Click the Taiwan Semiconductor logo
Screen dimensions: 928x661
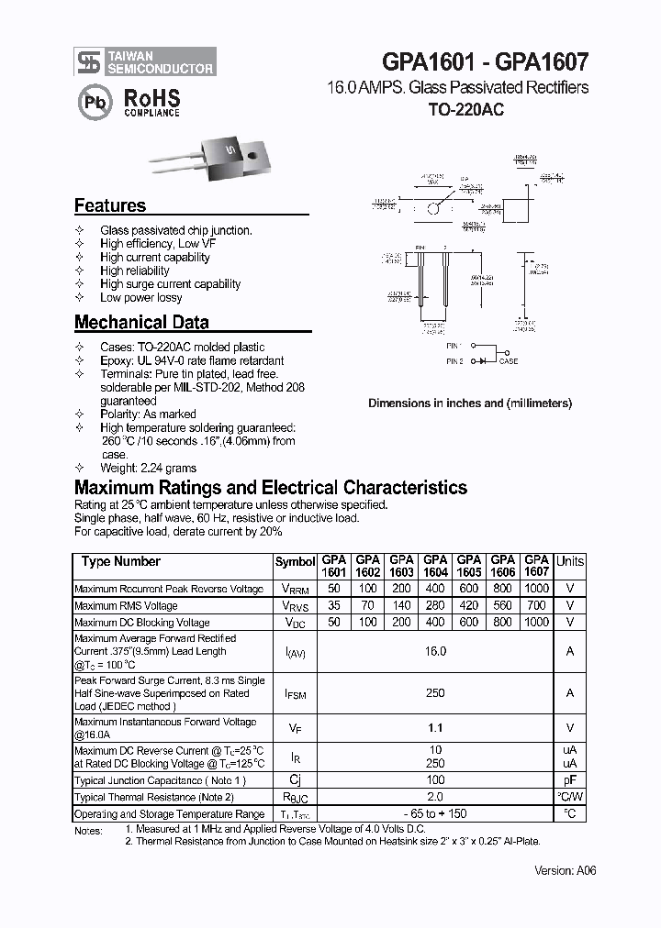(145, 61)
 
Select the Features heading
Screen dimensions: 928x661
(110, 206)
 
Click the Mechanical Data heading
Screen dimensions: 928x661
(141, 323)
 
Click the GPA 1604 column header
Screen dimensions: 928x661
(435, 566)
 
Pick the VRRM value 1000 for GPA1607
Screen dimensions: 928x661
(536, 589)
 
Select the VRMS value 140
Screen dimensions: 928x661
(401, 605)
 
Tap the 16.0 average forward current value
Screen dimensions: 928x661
(435, 651)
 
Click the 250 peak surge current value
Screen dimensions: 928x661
(435, 693)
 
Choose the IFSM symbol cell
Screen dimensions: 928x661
(295, 694)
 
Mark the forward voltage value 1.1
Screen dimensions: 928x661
(435, 728)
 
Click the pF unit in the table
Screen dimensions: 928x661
(569, 780)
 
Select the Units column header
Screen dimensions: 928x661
(569, 561)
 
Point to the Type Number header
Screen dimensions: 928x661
(120, 561)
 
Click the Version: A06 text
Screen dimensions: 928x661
(566, 870)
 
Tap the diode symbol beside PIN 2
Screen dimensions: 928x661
(484, 361)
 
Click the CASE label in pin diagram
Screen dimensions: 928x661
(508, 361)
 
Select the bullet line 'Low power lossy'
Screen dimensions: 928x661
(140, 297)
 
